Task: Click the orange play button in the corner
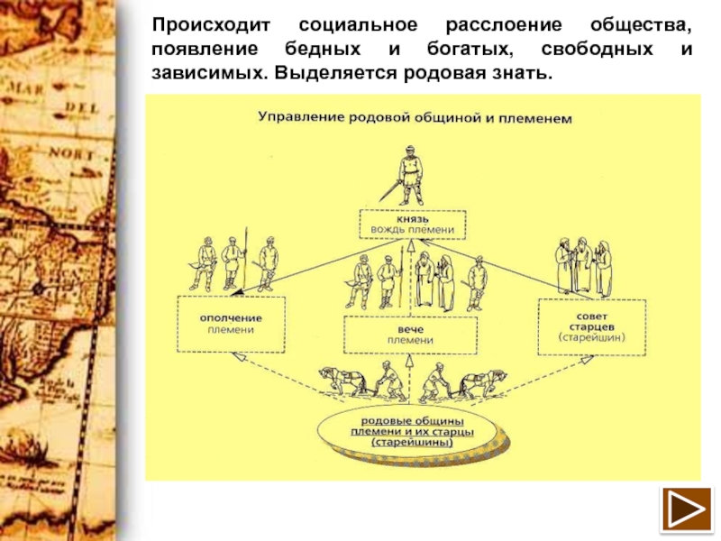pos(687,510)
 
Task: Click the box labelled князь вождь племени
pos(413,224)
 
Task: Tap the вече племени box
pos(397,335)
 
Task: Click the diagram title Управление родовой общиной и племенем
pos(415,117)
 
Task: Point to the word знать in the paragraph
pos(519,70)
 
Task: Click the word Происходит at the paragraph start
pos(213,23)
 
